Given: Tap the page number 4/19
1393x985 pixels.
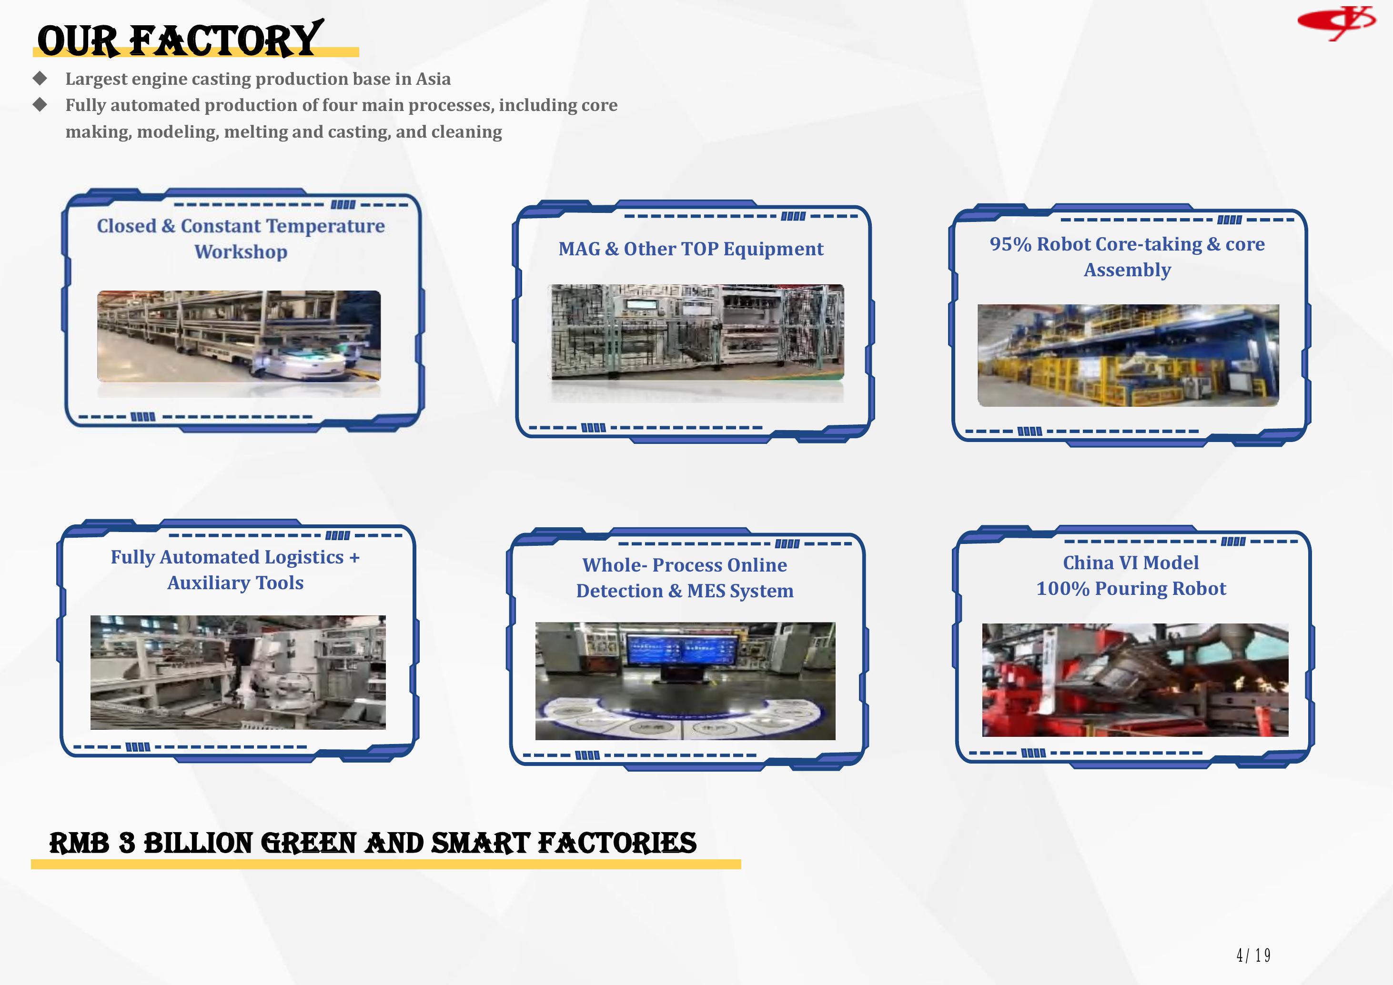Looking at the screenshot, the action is pyautogui.click(x=1253, y=955).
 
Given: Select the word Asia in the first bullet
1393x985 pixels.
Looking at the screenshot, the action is pyautogui.click(x=433, y=79).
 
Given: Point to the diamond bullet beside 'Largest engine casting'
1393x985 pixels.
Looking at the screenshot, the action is pyautogui.click(x=40, y=78).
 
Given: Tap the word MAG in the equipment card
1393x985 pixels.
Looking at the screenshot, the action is pyautogui.click(x=579, y=249).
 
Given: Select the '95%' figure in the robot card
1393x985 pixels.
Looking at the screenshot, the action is pyautogui.click(x=1010, y=244).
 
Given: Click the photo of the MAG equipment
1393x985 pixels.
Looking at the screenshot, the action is pyautogui.click(x=697, y=332).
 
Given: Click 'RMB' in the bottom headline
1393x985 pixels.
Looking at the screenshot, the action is pyautogui.click(x=80, y=843).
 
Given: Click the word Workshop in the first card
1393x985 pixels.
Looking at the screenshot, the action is pyautogui.click(x=241, y=251).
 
